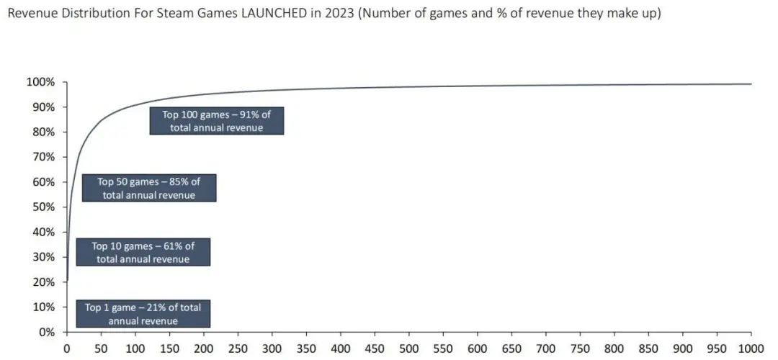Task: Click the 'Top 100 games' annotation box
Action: pyautogui.click(x=216, y=121)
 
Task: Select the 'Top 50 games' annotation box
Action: pyautogui.click(x=149, y=188)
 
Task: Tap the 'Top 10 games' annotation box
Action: pyautogui.click(x=143, y=252)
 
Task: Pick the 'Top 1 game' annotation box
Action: pyautogui.click(x=143, y=314)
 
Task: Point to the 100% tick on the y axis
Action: pyautogui.click(x=40, y=83)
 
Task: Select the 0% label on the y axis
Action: pyautogui.click(x=46, y=332)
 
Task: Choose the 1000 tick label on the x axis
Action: pyautogui.click(x=751, y=347)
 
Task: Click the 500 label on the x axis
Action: pyautogui.click(x=409, y=347)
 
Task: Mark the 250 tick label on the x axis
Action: pyautogui.click(x=238, y=347)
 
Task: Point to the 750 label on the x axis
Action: pyautogui.click(x=580, y=347)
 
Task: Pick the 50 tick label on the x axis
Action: pyautogui.click(x=101, y=347)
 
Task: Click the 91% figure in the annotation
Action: pyautogui.click(x=249, y=114)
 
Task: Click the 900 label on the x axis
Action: pyautogui.click(x=683, y=347)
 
